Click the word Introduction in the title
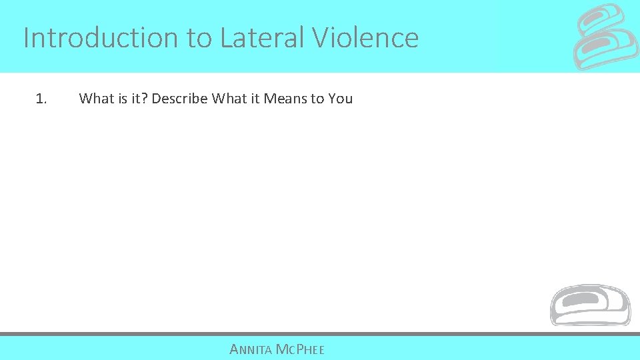101,38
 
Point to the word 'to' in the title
199,38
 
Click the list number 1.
41,99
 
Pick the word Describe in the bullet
179,99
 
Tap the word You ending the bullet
341,99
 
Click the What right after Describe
229,99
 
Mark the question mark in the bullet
145,99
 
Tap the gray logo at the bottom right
589,305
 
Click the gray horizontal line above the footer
320,333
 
